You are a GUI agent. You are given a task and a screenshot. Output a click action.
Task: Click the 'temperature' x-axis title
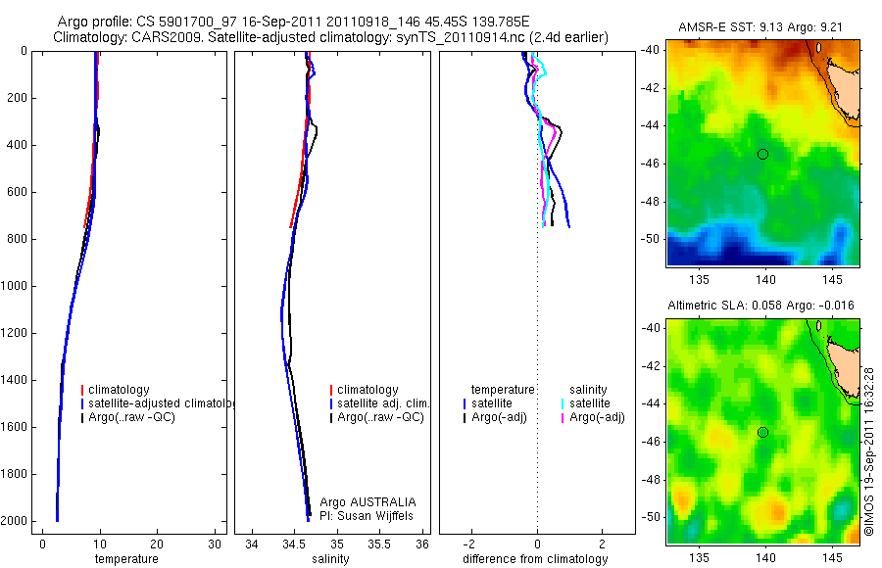[x=125, y=559]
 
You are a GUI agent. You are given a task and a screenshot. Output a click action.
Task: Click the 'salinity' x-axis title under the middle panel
[x=330, y=559]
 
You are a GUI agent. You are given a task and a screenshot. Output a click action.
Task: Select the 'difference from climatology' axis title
[x=535, y=559]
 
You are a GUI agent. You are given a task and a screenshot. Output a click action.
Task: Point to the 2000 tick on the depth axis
[x=17, y=521]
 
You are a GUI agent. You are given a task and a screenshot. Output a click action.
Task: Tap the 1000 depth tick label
[x=17, y=286]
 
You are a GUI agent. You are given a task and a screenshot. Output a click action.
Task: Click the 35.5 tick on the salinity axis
[x=379, y=544]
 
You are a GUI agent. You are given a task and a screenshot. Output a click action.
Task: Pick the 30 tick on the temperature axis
[x=215, y=544]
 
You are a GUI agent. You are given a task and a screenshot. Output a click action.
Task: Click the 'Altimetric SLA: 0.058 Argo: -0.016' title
[x=760, y=306]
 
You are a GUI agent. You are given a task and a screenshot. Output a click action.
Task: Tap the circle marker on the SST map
[x=762, y=154]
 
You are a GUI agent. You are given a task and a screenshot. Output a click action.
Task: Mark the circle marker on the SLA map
[x=762, y=432]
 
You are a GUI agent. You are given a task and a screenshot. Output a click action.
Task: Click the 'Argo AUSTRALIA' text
[x=361, y=501]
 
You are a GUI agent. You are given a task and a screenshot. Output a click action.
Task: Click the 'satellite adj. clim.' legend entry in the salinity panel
[x=383, y=403]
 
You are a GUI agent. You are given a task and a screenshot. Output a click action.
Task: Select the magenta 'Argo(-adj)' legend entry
[x=597, y=417]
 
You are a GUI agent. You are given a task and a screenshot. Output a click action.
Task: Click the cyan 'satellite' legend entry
[x=589, y=403]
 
